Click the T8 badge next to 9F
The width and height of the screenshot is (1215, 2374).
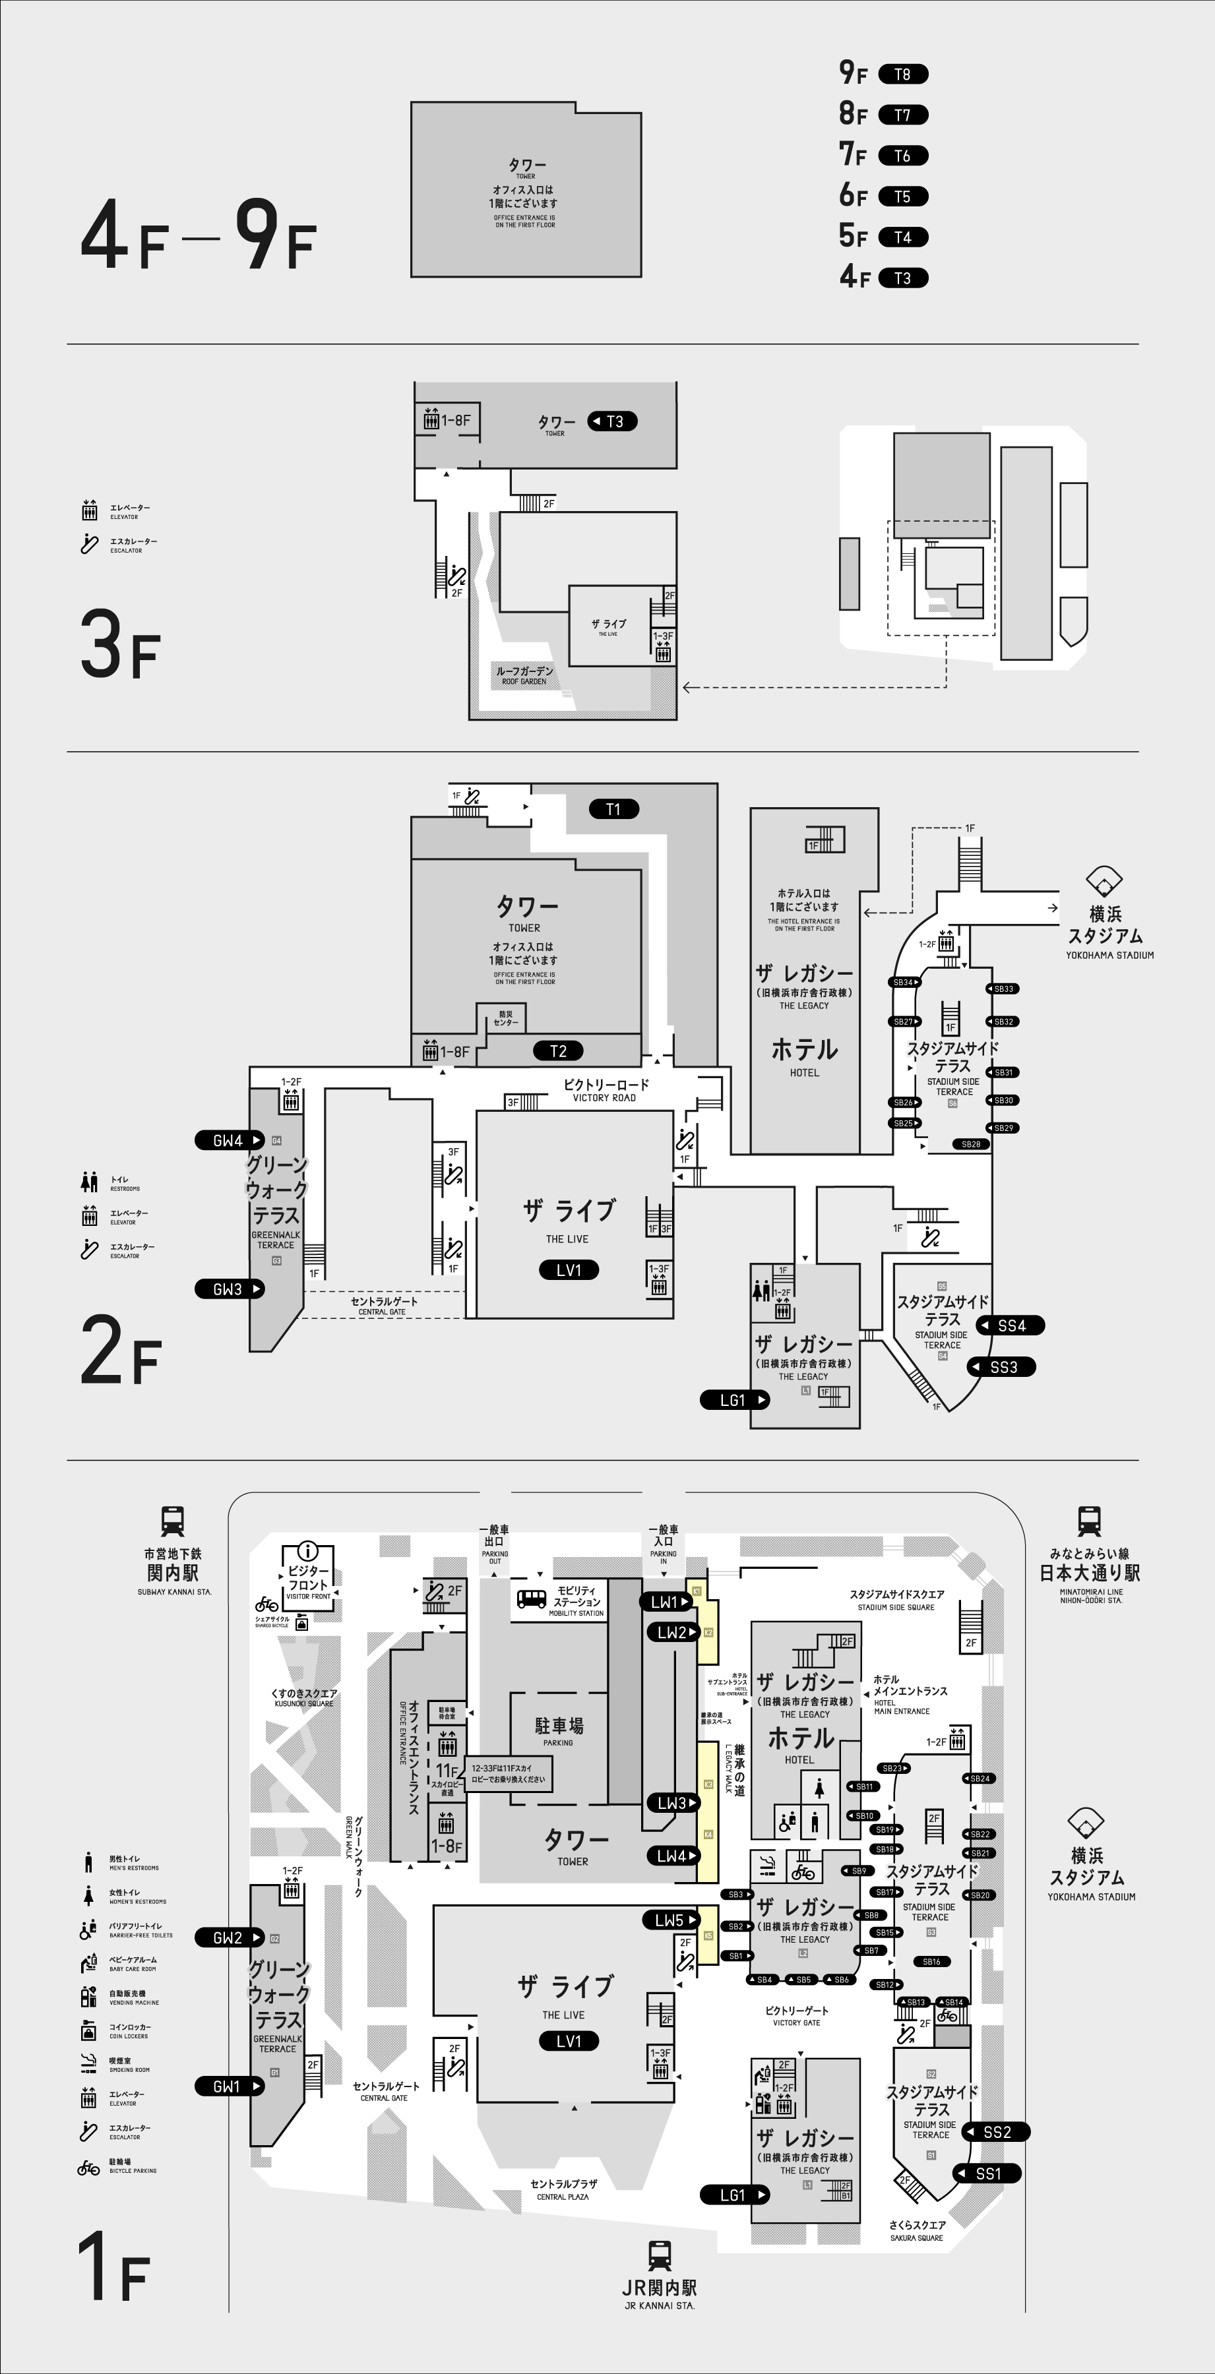coord(902,75)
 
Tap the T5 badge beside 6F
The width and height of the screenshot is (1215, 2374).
coord(902,197)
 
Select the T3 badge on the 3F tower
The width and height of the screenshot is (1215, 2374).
coord(612,421)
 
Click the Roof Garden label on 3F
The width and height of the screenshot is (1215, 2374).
coord(524,675)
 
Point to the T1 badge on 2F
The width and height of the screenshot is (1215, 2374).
coord(614,809)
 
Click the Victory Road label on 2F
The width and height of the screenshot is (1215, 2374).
coord(606,1090)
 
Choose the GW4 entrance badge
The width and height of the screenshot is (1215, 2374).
coord(229,1141)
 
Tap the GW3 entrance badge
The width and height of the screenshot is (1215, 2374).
coord(229,1289)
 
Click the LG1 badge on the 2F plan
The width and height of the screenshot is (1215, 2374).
coord(735,1400)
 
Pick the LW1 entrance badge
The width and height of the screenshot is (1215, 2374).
coord(666,1602)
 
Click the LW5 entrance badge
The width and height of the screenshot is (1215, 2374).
coord(671,1920)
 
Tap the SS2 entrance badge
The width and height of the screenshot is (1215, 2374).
coord(995,2131)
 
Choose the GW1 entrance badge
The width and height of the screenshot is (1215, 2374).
coord(229,2086)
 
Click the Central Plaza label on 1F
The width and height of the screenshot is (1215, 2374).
coord(563,2189)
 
